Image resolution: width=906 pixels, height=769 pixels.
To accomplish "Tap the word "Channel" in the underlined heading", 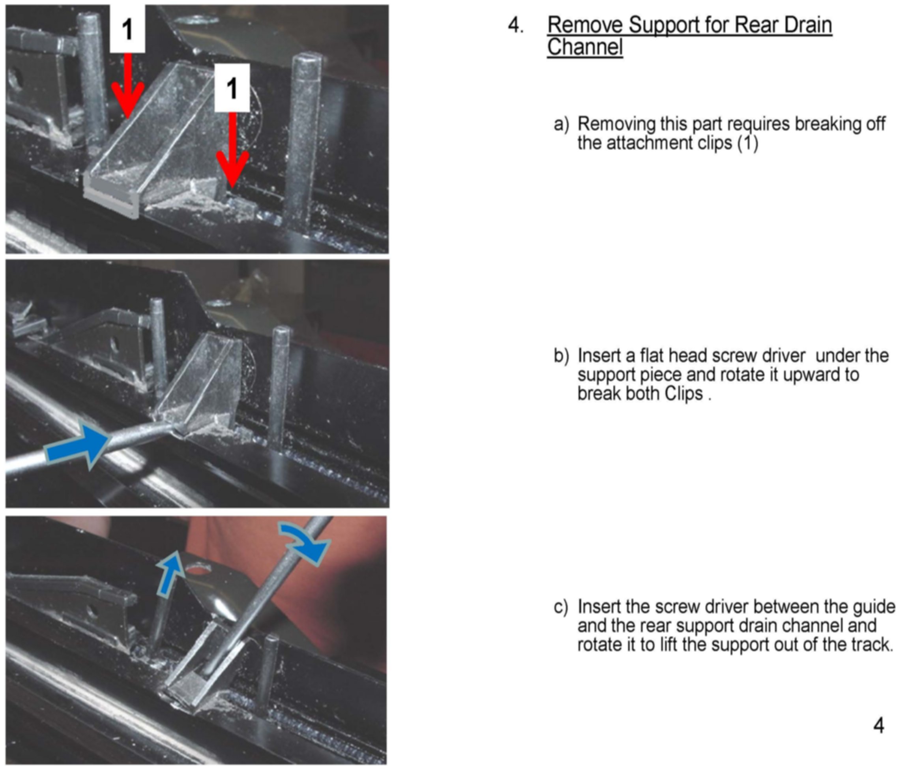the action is pos(585,47).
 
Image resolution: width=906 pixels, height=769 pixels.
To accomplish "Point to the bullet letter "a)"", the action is pos(561,124).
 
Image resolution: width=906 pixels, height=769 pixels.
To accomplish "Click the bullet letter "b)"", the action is pos(561,356).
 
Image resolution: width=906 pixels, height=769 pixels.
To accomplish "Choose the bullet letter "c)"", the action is pos(561,607).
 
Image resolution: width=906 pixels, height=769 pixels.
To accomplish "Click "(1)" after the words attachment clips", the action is pos(747,143).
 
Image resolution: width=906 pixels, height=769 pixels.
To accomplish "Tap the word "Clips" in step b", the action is pos(683,394).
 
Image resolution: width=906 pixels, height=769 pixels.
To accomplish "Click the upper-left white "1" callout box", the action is pos(127,29).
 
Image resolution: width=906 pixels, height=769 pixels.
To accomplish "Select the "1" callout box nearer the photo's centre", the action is pos(232,88).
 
